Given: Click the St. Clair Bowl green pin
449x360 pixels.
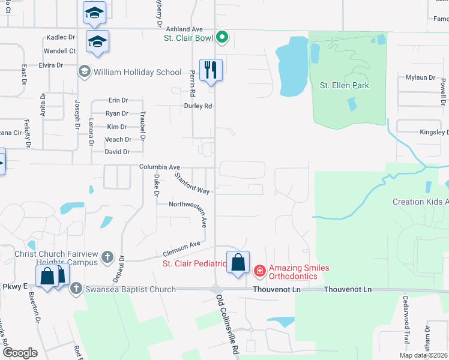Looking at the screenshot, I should pos(222,38).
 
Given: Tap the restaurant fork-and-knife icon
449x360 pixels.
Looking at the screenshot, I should pos(211,70).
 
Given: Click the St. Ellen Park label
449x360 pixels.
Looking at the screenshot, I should pos(344,85).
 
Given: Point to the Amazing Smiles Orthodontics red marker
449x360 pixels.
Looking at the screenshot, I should pos(260,272).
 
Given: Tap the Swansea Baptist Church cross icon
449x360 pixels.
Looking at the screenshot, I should pos(76,289).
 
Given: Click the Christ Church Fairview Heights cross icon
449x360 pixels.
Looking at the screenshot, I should pos(107,257).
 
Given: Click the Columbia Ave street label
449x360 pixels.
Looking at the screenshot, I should pos(160,167).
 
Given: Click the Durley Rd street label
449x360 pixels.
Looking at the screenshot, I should pos(198,106).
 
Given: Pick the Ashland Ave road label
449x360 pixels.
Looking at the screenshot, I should pos(185,29).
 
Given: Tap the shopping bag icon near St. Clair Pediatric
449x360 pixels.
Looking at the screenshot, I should pos(238,262).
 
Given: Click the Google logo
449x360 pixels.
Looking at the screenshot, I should pos(19,352).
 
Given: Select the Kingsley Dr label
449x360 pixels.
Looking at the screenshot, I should pos(435,132).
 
